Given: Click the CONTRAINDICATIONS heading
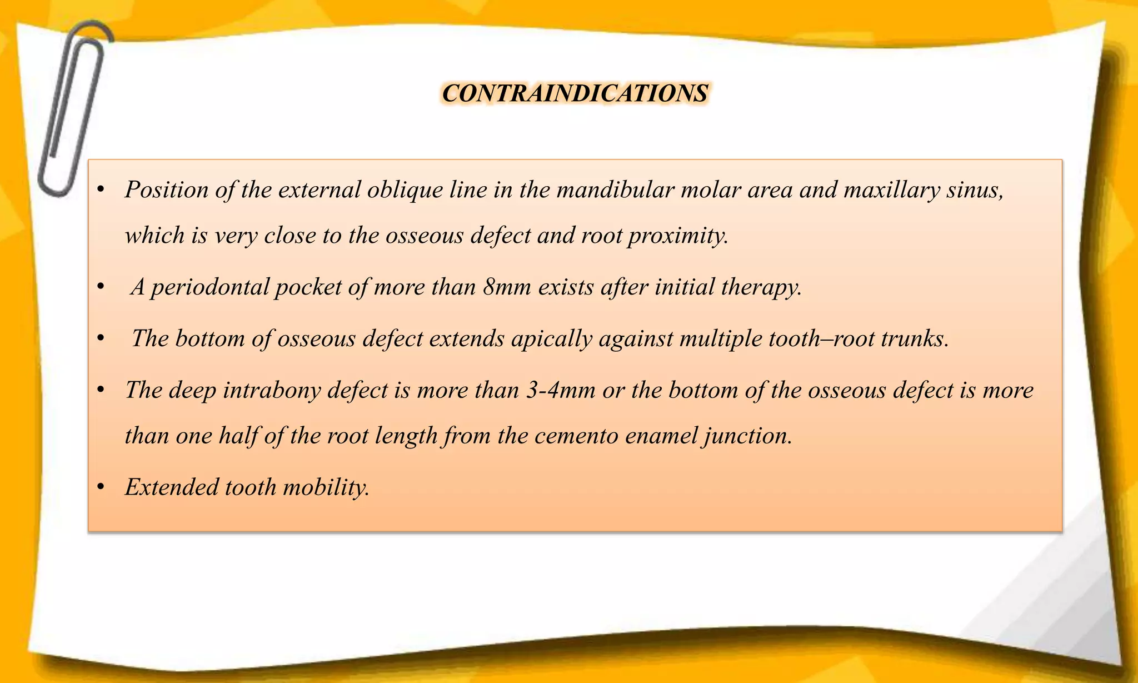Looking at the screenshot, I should pyautogui.click(x=575, y=93).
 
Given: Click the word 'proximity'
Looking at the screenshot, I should pyautogui.click(x=677, y=236).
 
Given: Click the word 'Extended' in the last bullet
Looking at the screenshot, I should pyautogui.click(x=171, y=487).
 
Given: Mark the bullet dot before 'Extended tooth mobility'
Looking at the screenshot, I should pyautogui.click(x=101, y=487).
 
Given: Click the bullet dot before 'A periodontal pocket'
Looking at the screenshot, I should pyautogui.click(x=101, y=287).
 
